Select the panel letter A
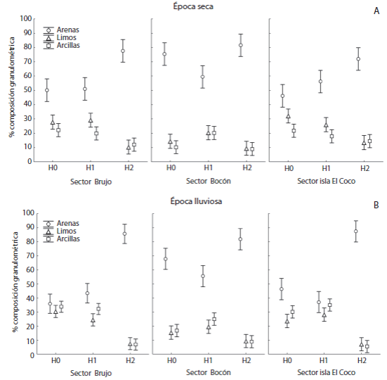tap(378, 11)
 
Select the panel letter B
tap(378, 205)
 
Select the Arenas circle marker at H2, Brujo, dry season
tap(123, 51)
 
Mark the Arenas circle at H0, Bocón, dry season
tap(165, 54)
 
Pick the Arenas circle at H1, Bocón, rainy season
tap(203, 276)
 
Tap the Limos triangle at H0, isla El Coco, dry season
tap(288, 117)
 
